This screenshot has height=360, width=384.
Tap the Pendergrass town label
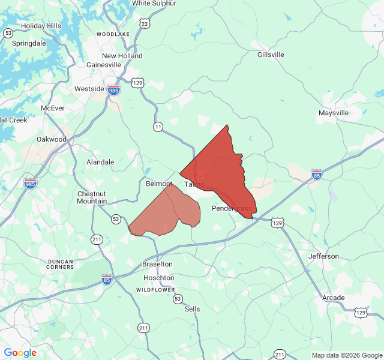232,208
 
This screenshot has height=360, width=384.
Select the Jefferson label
323,256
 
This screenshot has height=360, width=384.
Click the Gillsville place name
271,55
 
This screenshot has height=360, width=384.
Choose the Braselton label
157,264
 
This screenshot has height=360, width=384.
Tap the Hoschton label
159,278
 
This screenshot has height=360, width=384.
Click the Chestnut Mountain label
92,197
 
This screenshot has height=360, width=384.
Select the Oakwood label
52,139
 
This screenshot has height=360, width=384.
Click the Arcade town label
334,298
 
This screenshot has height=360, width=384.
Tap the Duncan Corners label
60,265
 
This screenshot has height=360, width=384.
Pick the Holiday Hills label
41,26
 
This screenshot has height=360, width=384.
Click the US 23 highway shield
145,23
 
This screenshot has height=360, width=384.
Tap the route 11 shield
158,127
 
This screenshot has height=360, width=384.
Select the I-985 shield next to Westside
114,90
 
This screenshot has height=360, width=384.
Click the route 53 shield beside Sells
178,298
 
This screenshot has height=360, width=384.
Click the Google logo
20,353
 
